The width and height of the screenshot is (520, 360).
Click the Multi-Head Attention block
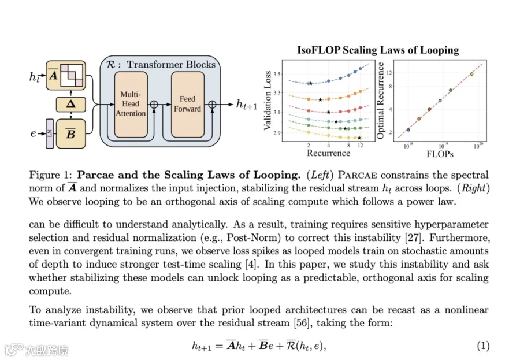click(131, 105)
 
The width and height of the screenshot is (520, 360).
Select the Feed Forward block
click(187, 105)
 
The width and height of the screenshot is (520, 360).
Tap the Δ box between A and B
click(70, 105)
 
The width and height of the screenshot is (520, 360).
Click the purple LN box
click(50, 133)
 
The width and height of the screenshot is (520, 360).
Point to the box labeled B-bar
click(70, 133)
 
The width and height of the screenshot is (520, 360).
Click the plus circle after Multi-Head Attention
click(154, 105)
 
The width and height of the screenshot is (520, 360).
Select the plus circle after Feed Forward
click(212, 105)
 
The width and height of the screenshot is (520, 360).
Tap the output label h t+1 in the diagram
click(246, 105)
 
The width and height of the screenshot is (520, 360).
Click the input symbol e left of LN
click(33, 133)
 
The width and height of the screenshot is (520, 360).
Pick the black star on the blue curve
click(310, 83)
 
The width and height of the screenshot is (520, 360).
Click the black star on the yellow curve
click(359, 138)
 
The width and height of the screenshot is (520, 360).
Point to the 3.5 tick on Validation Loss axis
click(277, 74)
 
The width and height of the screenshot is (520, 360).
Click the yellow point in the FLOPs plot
click(471, 74)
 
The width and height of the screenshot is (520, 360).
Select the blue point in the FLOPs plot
click(408, 130)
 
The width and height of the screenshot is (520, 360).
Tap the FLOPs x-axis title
click(440, 154)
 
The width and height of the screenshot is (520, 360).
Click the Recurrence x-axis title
click(328, 153)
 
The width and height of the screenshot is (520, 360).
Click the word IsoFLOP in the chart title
click(318, 50)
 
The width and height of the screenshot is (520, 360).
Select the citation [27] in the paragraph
click(413, 237)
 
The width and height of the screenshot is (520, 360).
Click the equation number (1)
click(483, 346)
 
